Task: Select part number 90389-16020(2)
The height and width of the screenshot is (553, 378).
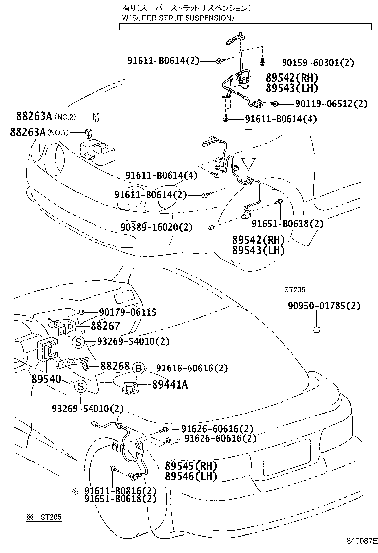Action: click(x=159, y=227)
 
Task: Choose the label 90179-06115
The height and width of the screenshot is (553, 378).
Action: click(x=127, y=312)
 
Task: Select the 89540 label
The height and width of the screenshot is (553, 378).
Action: click(x=46, y=379)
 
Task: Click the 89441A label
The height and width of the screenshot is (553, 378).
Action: click(x=170, y=384)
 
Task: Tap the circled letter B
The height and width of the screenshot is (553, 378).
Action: click(x=139, y=368)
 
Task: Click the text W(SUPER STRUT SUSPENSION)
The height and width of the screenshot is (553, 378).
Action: click(x=178, y=18)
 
